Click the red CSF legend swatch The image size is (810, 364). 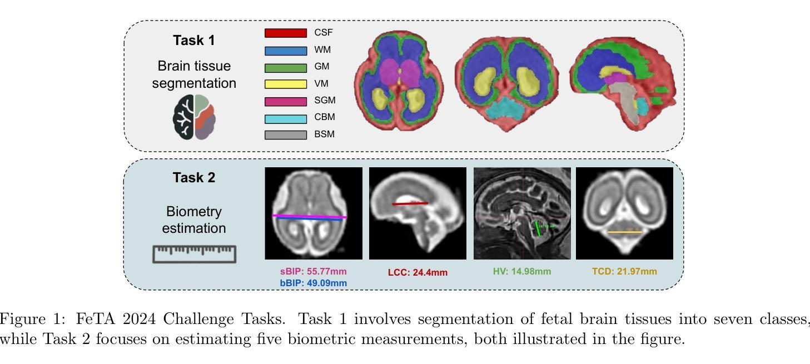[x=285, y=33]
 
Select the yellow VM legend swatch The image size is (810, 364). [x=285, y=84]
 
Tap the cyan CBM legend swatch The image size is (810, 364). [x=285, y=118]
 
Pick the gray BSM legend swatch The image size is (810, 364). [x=285, y=135]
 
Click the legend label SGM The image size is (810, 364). [x=325, y=101]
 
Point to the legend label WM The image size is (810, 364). [x=322, y=50]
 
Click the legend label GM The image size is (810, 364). [x=322, y=67]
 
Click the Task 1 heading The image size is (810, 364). [x=193, y=41]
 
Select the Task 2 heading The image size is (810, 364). [x=193, y=178]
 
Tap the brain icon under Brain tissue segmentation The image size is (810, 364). [x=194, y=117]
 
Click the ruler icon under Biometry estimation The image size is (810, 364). [x=194, y=253]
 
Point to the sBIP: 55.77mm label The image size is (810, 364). [x=313, y=272]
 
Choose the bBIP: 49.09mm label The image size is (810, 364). [x=313, y=283]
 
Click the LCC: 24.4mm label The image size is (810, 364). [x=418, y=272]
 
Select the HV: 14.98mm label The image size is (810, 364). [x=522, y=272]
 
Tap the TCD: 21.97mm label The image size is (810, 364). [x=624, y=272]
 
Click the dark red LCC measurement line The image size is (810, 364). [x=410, y=203]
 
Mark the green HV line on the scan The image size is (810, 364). [x=538, y=230]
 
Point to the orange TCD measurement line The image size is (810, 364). [x=624, y=232]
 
